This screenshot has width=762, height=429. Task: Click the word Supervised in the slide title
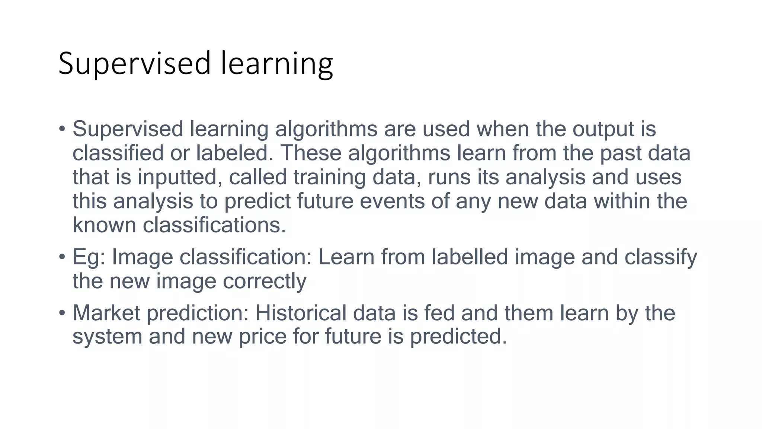coord(135,64)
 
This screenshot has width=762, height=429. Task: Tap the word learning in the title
coord(277,64)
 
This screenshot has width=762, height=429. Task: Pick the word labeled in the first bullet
coord(232,153)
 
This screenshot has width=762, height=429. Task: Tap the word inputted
coord(177,177)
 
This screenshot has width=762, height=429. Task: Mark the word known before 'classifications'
coord(104,225)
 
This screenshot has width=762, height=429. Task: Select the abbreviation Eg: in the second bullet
coord(89,257)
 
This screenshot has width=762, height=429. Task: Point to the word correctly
coord(265,281)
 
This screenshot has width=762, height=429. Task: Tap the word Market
coord(106,313)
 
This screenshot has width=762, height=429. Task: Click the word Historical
coord(301,313)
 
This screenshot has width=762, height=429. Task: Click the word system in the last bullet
coord(108,337)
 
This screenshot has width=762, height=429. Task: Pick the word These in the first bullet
coord(311,153)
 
